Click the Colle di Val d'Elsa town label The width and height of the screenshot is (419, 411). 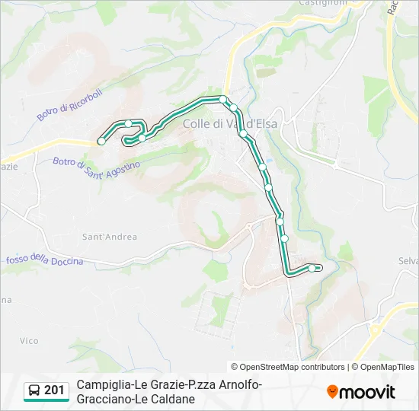click(x=229, y=123)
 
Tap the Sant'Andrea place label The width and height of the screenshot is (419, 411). click(x=110, y=237)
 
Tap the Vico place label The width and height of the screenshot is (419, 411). click(x=29, y=340)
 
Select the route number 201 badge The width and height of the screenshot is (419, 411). click(x=54, y=390)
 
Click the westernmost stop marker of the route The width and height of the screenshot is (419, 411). click(x=101, y=141)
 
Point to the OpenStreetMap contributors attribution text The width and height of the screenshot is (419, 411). click(x=288, y=367)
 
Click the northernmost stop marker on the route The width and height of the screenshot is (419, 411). click(x=223, y=99)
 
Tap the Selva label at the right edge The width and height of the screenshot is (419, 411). click(x=409, y=261)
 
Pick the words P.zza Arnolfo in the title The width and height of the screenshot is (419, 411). click(x=226, y=385)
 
